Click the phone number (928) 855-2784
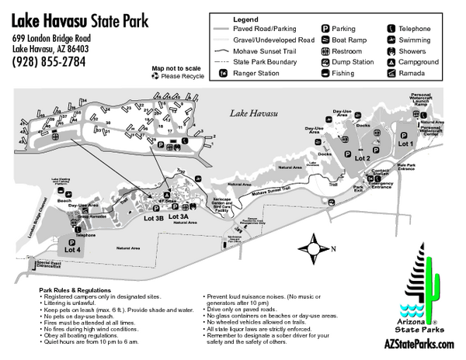pos(48,62)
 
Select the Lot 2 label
pos(362,157)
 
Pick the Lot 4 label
pos(72,250)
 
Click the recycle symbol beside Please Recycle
pos(155,77)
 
